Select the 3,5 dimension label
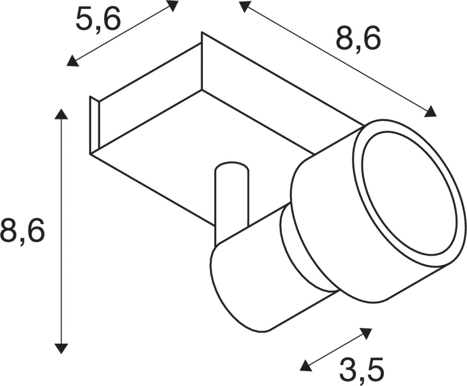pyautogui.click(x=361, y=370)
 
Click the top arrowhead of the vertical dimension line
pyautogui.click(x=61, y=114)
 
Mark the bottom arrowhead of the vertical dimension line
pyautogui.click(x=61, y=348)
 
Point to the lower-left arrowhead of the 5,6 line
pyautogui.click(x=72, y=61)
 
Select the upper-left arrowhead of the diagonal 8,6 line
pyautogui.click(x=245, y=6)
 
